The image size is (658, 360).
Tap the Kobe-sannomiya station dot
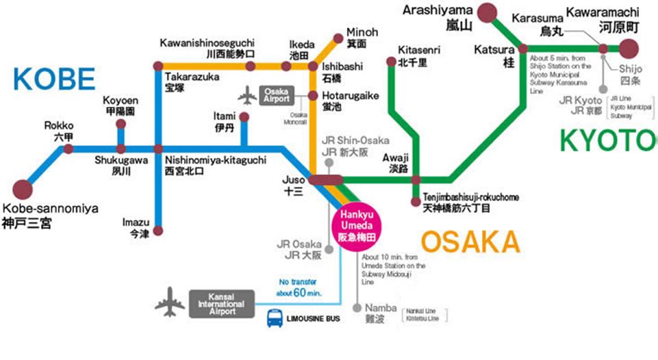pyautogui.click(x=23, y=190)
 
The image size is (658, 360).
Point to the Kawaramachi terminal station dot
pyautogui.click(x=629, y=49)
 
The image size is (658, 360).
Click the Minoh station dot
pyautogui.click(x=338, y=38)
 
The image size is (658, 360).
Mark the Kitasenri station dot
pyautogui.click(x=391, y=62)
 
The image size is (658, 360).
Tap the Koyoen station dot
pyautogui.click(x=121, y=125)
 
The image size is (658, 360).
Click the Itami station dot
pyautogui.click(x=244, y=117)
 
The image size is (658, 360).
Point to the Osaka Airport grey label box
pyautogui.click(x=277, y=94)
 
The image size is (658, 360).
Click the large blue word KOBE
pyautogui.click(x=53, y=79)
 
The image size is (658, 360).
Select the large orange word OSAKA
pyautogui.click(x=470, y=242)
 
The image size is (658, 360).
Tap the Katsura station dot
pyautogui.click(x=523, y=49)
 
